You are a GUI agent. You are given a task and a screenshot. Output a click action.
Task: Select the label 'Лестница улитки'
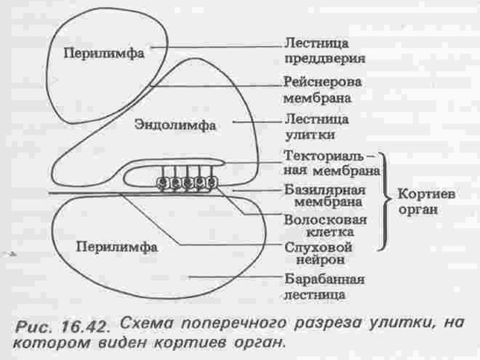(x=316, y=127)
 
